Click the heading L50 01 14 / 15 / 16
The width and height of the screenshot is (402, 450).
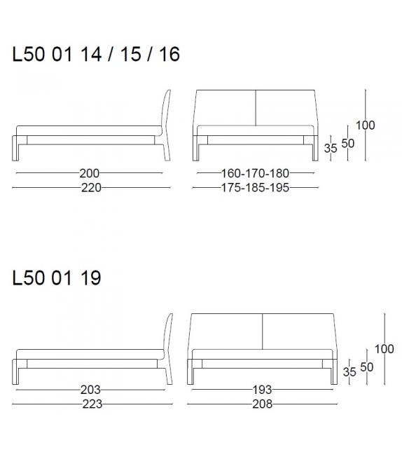tap(96, 55)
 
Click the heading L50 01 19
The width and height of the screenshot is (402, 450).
tap(57, 278)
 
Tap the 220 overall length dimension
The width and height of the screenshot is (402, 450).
tap(91, 187)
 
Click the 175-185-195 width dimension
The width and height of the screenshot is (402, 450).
tap(255, 187)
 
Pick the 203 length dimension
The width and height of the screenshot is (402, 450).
tap(90, 390)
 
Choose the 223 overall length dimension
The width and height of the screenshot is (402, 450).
tap(92, 404)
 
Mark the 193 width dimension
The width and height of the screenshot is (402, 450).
tap(261, 390)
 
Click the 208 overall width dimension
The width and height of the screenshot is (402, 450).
tap(261, 404)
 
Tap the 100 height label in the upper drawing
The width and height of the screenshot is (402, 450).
tap(365, 125)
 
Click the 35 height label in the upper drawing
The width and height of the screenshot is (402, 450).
tap(331, 149)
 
